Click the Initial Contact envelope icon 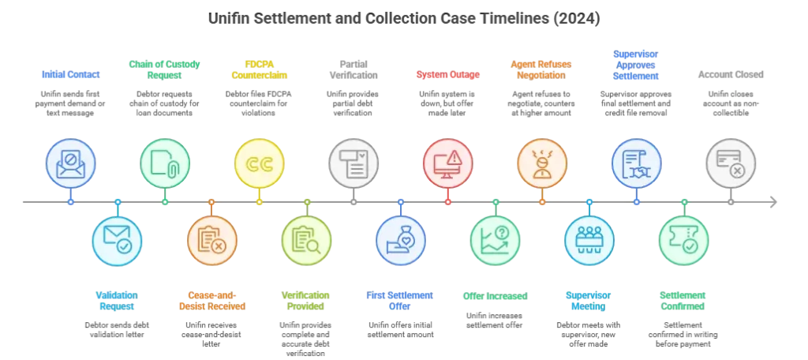pos(70,163)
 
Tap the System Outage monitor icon pos(448,163)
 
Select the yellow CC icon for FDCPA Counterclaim pos(259,163)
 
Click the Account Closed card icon pos(731,163)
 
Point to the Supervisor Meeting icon pos(589,240)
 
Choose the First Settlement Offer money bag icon pos(400,240)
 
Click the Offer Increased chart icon pos(496,240)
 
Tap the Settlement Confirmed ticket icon pos(684,240)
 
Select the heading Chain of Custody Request pos(164,69)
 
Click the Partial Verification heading pos(353,69)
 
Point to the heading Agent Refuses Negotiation pos(542,69)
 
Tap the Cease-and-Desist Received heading pos(211,301)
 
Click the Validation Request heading pos(117,301)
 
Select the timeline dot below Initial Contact pos(70,202)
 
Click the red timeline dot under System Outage pos(448,202)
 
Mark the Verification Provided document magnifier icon pos(306,240)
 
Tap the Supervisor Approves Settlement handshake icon pos(637,163)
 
